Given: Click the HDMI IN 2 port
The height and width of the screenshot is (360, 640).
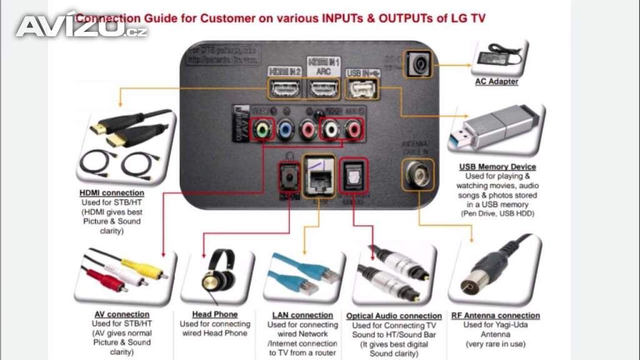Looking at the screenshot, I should pos(284,89).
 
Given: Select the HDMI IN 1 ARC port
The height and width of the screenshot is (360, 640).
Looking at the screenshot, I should pos(322,89).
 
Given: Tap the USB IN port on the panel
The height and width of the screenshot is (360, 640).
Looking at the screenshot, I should pos(361,90).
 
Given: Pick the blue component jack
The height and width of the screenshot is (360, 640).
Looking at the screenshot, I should pos(285,129).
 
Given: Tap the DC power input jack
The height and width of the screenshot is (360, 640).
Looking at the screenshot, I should pos(418,63).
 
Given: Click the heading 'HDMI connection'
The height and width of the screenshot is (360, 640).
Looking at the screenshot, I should pos(112,193).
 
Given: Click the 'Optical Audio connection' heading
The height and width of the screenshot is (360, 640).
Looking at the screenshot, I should pos(394,316).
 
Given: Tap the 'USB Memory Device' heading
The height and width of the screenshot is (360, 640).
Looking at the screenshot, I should pos(497,167).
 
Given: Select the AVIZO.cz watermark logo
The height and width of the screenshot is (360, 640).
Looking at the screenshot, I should pos(81,26).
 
